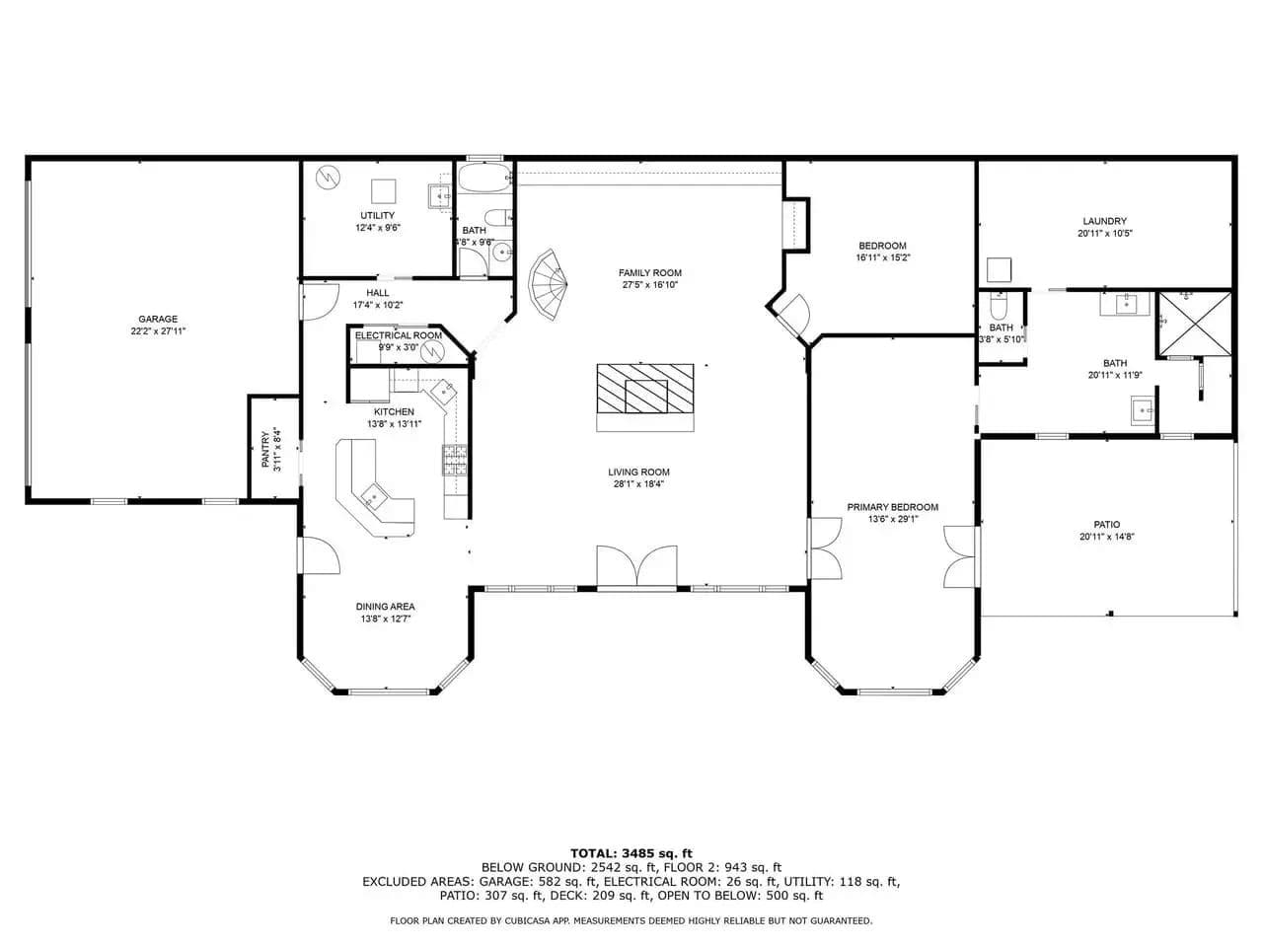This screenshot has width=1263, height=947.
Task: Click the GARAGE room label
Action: [x=158, y=319]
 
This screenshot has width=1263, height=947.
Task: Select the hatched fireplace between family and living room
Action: [x=645, y=389]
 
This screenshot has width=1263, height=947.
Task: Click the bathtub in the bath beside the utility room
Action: [x=485, y=179]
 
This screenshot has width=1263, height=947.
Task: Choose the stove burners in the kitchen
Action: [x=455, y=460]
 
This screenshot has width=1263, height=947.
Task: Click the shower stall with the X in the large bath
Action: [x=1195, y=324]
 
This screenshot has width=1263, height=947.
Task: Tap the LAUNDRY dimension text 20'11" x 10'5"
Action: [x=1105, y=234]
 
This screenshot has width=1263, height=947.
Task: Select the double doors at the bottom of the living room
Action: [x=637, y=566]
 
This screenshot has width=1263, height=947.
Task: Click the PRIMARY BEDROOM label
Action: [x=892, y=507]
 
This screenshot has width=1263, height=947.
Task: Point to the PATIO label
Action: [x=1106, y=525]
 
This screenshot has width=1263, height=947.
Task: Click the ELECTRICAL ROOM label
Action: [x=399, y=335]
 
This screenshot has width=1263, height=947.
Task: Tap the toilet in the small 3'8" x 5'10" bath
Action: [x=999, y=306]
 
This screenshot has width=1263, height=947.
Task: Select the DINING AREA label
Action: [x=385, y=607]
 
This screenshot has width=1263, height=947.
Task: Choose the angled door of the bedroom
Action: [x=793, y=317]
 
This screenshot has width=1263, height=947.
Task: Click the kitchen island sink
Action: [x=374, y=496]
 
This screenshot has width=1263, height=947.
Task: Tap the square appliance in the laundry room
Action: [x=999, y=270]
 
